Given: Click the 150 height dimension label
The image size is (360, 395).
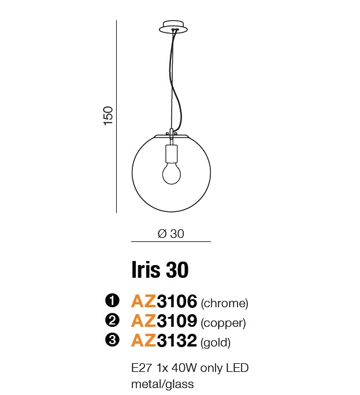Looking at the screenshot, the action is pyautogui.click(x=109, y=115).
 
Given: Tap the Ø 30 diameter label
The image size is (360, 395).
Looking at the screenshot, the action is pyautogui.click(x=171, y=234).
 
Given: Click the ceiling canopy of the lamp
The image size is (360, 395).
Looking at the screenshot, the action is pyautogui.click(x=173, y=27).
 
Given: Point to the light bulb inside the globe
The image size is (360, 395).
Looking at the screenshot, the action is pyautogui.click(x=172, y=173).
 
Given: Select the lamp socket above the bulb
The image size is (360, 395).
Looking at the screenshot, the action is pyautogui.click(x=172, y=154).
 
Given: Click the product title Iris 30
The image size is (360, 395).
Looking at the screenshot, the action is pyautogui.click(x=160, y=270).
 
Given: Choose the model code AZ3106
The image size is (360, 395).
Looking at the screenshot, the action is pyautogui.click(x=164, y=301).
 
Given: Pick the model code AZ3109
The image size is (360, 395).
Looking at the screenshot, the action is pyautogui.click(x=164, y=321).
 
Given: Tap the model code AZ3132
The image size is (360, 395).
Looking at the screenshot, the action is pyautogui.click(x=164, y=340).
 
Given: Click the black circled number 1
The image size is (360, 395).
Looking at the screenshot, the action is pyautogui.click(x=112, y=301).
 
